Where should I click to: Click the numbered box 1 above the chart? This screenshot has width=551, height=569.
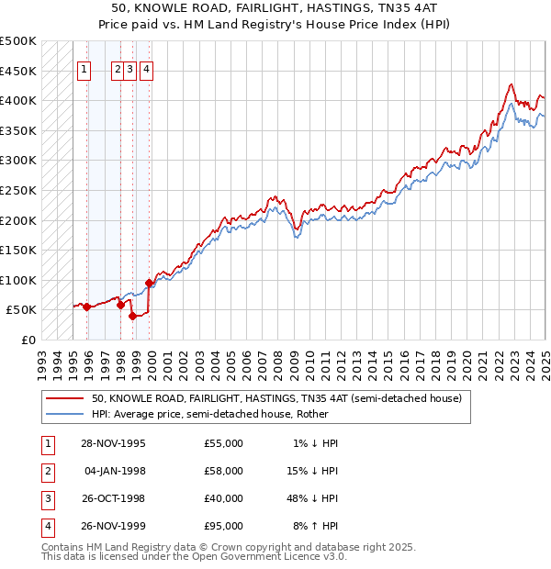(x=84, y=67)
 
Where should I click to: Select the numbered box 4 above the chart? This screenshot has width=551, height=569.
(x=147, y=67)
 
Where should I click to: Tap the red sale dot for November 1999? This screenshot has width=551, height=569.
(x=149, y=283)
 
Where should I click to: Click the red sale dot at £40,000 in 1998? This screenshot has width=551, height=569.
(x=132, y=316)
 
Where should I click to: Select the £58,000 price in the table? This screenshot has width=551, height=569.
(x=223, y=471)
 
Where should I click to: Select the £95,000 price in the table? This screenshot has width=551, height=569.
(x=223, y=526)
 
